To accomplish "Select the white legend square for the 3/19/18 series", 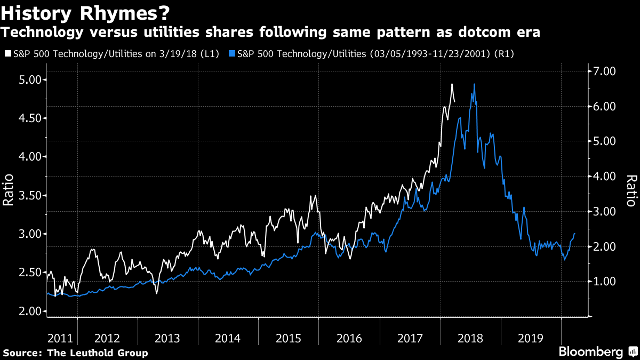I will (x=6, y=54).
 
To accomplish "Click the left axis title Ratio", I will (x=9, y=190).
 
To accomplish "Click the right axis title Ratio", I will (x=631, y=190).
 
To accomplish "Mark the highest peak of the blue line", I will (x=474, y=84).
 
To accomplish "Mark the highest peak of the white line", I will (x=452, y=84).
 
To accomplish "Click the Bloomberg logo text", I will (x=590, y=352).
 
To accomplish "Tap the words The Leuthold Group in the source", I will (x=98, y=353).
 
